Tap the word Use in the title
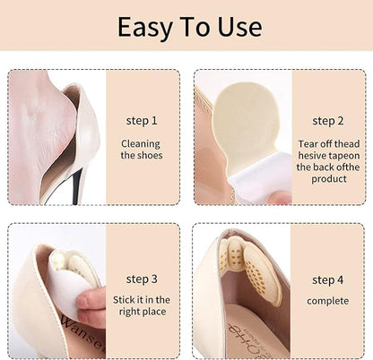click(x=239, y=27)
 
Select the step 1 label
click(x=142, y=121)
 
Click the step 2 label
click(x=328, y=121)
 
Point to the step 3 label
click(x=142, y=279)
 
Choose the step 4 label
click(x=327, y=280)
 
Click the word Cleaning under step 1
click(x=141, y=144)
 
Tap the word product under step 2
click(x=329, y=179)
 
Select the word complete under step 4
click(x=327, y=301)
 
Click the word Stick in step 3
click(x=122, y=300)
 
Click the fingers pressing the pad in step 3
click(x=91, y=304)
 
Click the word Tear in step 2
click(x=308, y=144)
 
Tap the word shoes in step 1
click(x=150, y=156)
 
